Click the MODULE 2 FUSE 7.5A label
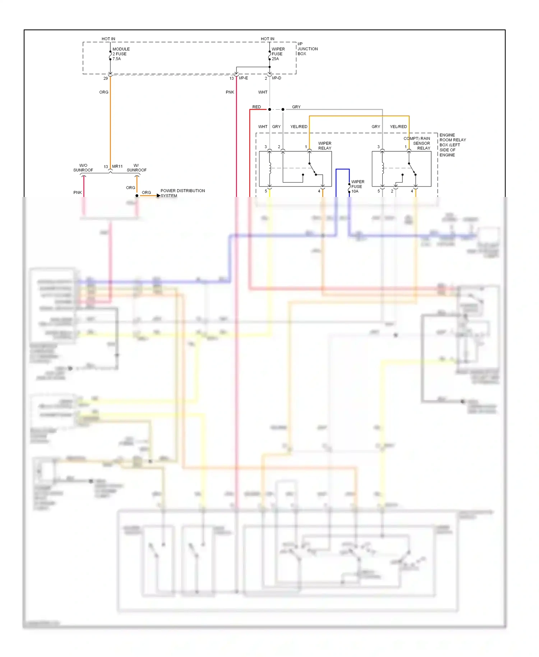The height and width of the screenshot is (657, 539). pyautogui.click(x=121, y=54)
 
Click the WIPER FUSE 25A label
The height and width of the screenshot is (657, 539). pyautogui.click(x=278, y=54)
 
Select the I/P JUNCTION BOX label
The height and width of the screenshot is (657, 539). pyautogui.click(x=307, y=49)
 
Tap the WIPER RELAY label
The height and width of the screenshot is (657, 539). pyautogui.click(x=324, y=146)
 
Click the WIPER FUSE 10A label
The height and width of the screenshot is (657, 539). pyautogui.click(x=357, y=187)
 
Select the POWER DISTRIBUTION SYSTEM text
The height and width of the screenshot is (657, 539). pyautogui.click(x=183, y=193)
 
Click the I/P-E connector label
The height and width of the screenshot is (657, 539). pyautogui.click(x=243, y=78)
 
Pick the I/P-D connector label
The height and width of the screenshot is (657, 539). pyautogui.click(x=276, y=78)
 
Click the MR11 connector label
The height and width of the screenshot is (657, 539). pyautogui.click(x=117, y=166)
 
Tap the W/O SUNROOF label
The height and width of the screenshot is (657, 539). pyautogui.click(x=83, y=168)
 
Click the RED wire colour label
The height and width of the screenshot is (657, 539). pyautogui.click(x=256, y=107)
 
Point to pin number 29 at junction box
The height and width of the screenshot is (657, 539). pyautogui.click(x=105, y=78)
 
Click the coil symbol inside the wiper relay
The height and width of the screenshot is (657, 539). pyautogui.click(x=270, y=168)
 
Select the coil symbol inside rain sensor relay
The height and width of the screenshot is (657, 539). pyautogui.click(x=383, y=168)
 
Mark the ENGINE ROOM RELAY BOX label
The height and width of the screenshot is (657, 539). pyautogui.click(x=452, y=145)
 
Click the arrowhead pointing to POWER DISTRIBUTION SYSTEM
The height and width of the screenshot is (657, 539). pyautogui.click(x=158, y=196)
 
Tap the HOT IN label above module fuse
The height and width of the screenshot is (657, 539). pyautogui.click(x=108, y=39)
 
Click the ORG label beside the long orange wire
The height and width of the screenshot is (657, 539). pyautogui.click(x=103, y=92)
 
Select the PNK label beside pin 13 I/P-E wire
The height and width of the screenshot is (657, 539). pyautogui.click(x=230, y=92)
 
